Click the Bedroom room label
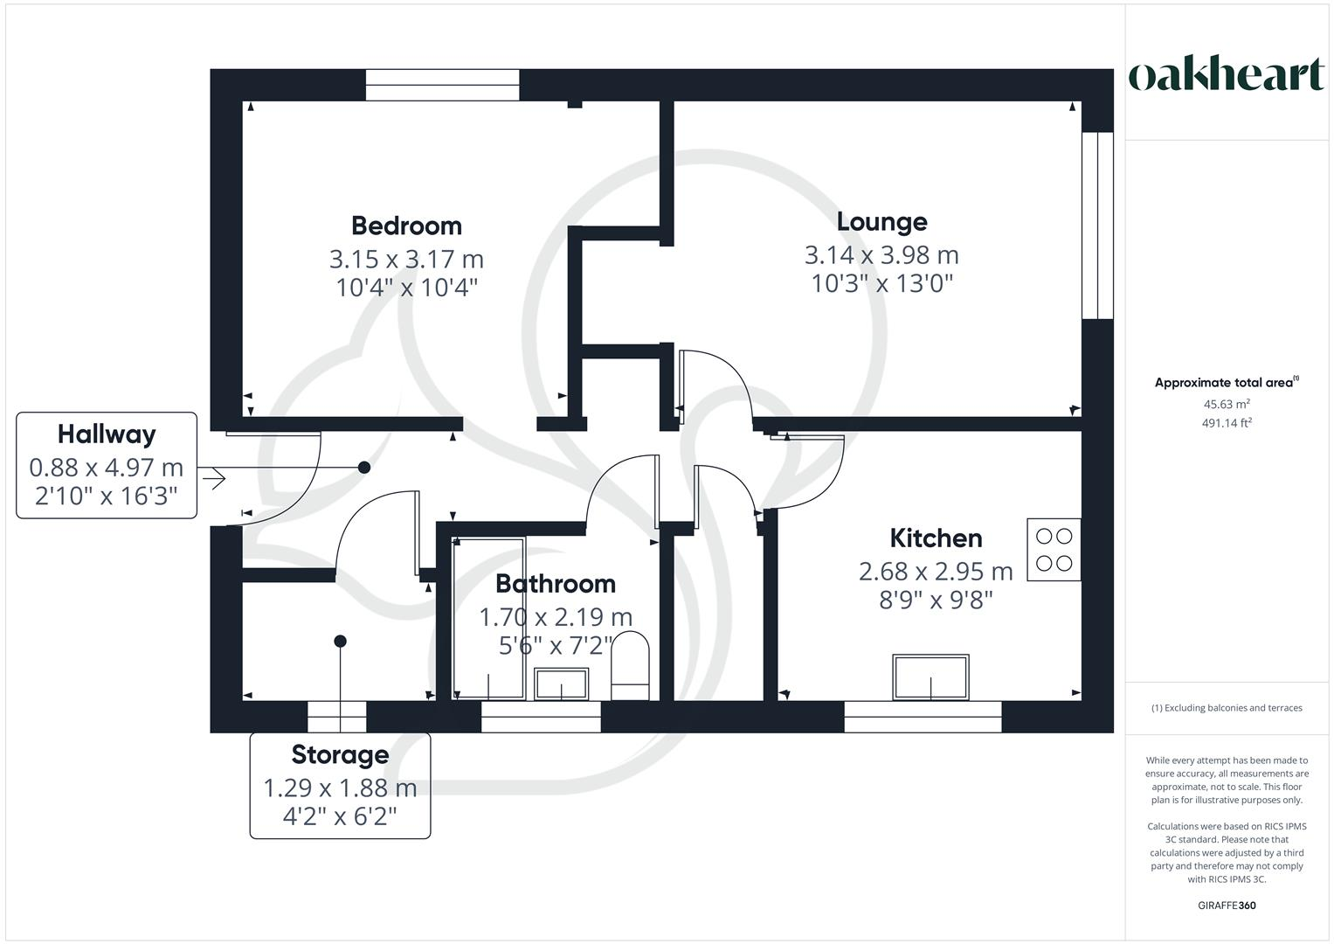point(406,226)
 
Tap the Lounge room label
point(881,222)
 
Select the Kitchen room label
point(936,538)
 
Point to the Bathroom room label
point(555,583)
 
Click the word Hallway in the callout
point(107,434)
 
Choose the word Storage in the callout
point(340,754)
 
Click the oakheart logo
point(1226,75)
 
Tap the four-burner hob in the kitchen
point(1054,550)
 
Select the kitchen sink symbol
point(930,677)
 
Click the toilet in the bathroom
point(630,666)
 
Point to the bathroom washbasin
point(561,684)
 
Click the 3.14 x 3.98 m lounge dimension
point(881,255)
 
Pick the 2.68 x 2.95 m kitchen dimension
point(936,572)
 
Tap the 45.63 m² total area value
point(1226,405)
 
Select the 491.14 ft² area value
point(1226,423)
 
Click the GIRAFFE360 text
point(1226,906)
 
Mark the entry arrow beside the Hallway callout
point(212,478)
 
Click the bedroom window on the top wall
point(442,86)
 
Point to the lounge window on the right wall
point(1097,226)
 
